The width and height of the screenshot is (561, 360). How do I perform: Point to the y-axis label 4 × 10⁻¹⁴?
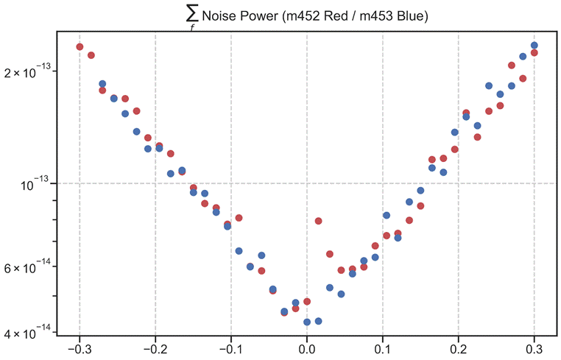[29, 333]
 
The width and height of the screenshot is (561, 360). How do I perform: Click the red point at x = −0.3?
[80, 47]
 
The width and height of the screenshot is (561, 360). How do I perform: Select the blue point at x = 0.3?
[534, 46]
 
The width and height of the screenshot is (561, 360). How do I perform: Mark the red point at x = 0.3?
[534, 53]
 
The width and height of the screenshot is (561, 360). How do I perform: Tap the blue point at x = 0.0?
[307, 322]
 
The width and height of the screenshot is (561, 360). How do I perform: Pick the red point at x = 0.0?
[307, 302]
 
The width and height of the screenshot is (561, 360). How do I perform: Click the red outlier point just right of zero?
[318, 221]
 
